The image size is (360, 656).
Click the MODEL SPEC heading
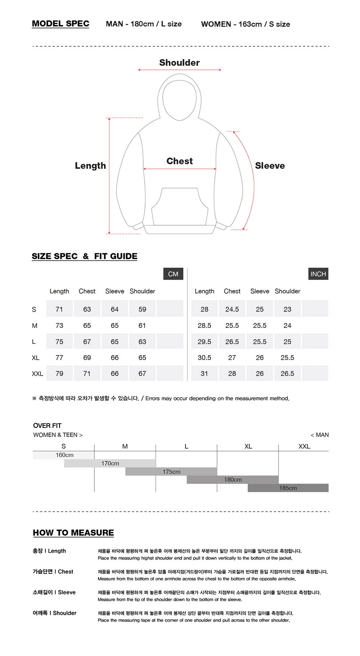[60, 24]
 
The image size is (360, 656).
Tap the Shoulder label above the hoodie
[179, 63]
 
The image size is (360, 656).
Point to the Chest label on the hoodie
[179, 161]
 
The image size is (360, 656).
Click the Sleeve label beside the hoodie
[270, 166]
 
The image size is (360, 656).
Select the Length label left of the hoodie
[90, 166]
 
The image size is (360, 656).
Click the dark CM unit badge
[173, 274]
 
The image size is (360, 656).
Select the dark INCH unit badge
[318, 274]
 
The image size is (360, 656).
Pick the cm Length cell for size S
[59, 309]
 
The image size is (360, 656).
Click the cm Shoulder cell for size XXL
[142, 374]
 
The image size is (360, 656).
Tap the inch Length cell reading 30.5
[204, 358]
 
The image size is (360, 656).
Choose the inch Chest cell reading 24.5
[232, 309]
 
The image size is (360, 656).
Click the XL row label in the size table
[35, 358]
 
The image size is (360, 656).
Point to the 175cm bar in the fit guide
[171, 472]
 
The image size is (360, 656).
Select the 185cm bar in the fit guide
[288, 488]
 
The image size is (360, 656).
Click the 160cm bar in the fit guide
[64, 455]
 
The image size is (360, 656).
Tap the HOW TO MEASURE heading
[73, 533]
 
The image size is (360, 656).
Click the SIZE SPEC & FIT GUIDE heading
[85, 256]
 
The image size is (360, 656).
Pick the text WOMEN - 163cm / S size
[246, 24]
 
